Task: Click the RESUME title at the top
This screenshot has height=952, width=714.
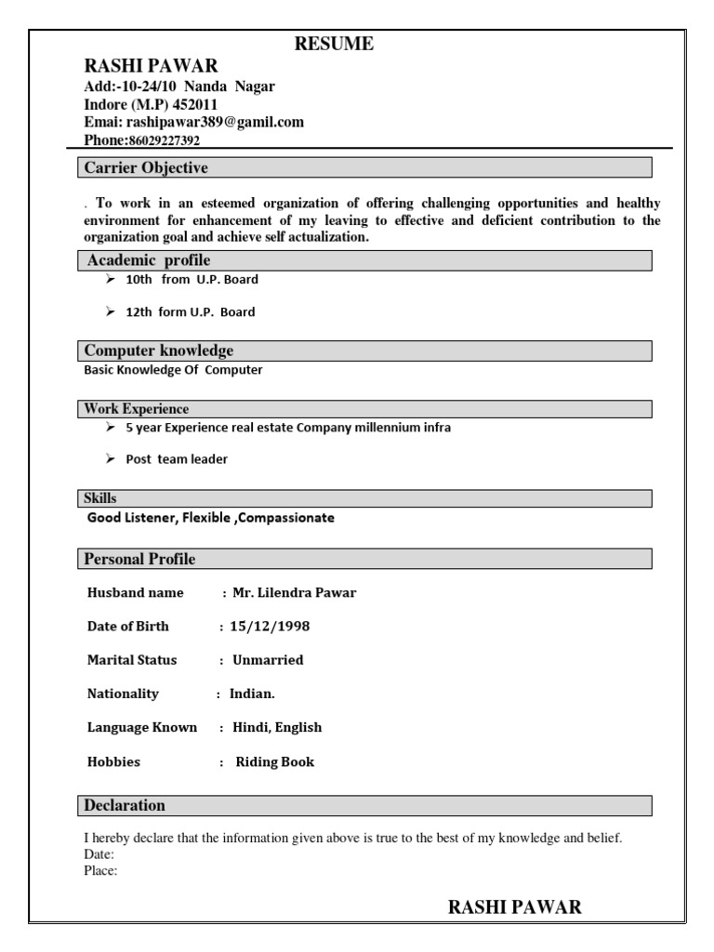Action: pyautogui.click(x=335, y=44)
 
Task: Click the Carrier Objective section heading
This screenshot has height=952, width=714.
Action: pyautogui.click(x=146, y=168)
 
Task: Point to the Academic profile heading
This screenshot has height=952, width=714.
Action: pyautogui.click(x=149, y=260)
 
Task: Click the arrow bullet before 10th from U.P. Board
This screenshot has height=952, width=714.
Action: pyautogui.click(x=111, y=280)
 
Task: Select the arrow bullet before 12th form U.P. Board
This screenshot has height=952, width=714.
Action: pyautogui.click(x=111, y=312)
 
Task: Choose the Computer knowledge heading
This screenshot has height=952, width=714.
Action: pyautogui.click(x=159, y=350)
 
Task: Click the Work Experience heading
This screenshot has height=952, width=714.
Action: pyautogui.click(x=137, y=409)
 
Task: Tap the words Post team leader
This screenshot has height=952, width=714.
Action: pyautogui.click(x=177, y=459)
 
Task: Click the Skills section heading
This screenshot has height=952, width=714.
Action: pyautogui.click(x=100, y=499)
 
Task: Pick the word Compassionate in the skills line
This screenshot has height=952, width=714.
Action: pyautogui.click(x=284, y=518)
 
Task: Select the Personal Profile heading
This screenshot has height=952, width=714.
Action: pyautogui.click(x=140, y=560)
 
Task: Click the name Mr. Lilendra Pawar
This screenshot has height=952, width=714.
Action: pyautogui.click(x=295, y=593)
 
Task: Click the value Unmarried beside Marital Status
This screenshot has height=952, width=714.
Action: pyautogui.click(x=268, y=660)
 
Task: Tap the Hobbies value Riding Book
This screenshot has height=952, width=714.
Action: pyautogui.click(x=275, y=762)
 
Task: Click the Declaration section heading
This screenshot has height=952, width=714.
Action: pyautogui.click(x=125, y=805)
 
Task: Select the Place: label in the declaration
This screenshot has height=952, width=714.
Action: pyautogui.click(x=100, y=871)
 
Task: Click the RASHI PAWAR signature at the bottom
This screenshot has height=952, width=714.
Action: pyautogui.click(x=515, y=907)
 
